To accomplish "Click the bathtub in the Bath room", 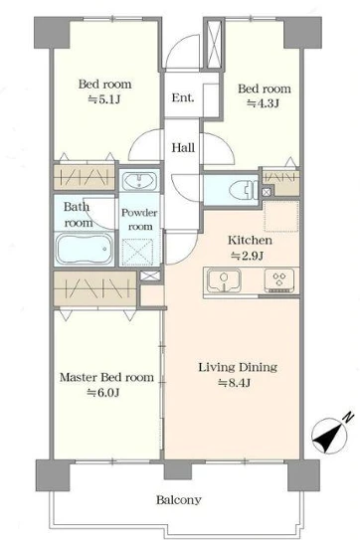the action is click(x=85, y=249).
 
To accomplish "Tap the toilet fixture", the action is click(x=243, y=190).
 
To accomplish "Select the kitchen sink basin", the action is click(x=224, y=279).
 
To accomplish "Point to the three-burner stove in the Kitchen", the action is click(x=279, y=280).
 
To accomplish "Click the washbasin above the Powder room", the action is click(x=140, y=180).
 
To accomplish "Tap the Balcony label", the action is click(x=179, y=500).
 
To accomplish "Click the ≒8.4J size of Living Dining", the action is click(x=234, y=383).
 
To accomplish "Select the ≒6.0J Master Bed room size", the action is click(x=103, y=393).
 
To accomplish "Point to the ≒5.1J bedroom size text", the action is click(x=104, y=99).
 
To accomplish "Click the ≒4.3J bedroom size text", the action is click(x=264, y=103).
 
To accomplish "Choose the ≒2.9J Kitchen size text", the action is click(x=247, y=256).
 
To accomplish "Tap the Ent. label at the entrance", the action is click(x=183, y=97).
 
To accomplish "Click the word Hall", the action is click(x=183, y=148).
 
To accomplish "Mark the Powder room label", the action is click(x=139, y=220).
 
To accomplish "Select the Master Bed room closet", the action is click(x=95, y=288).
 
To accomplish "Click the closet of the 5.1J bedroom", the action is click(x=85, y=177).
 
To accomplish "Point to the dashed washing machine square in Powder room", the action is click(x=137, y=252).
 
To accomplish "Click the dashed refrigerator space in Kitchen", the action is click(x=281, y=217).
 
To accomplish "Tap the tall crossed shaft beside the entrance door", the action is click(x=214, y=45).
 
